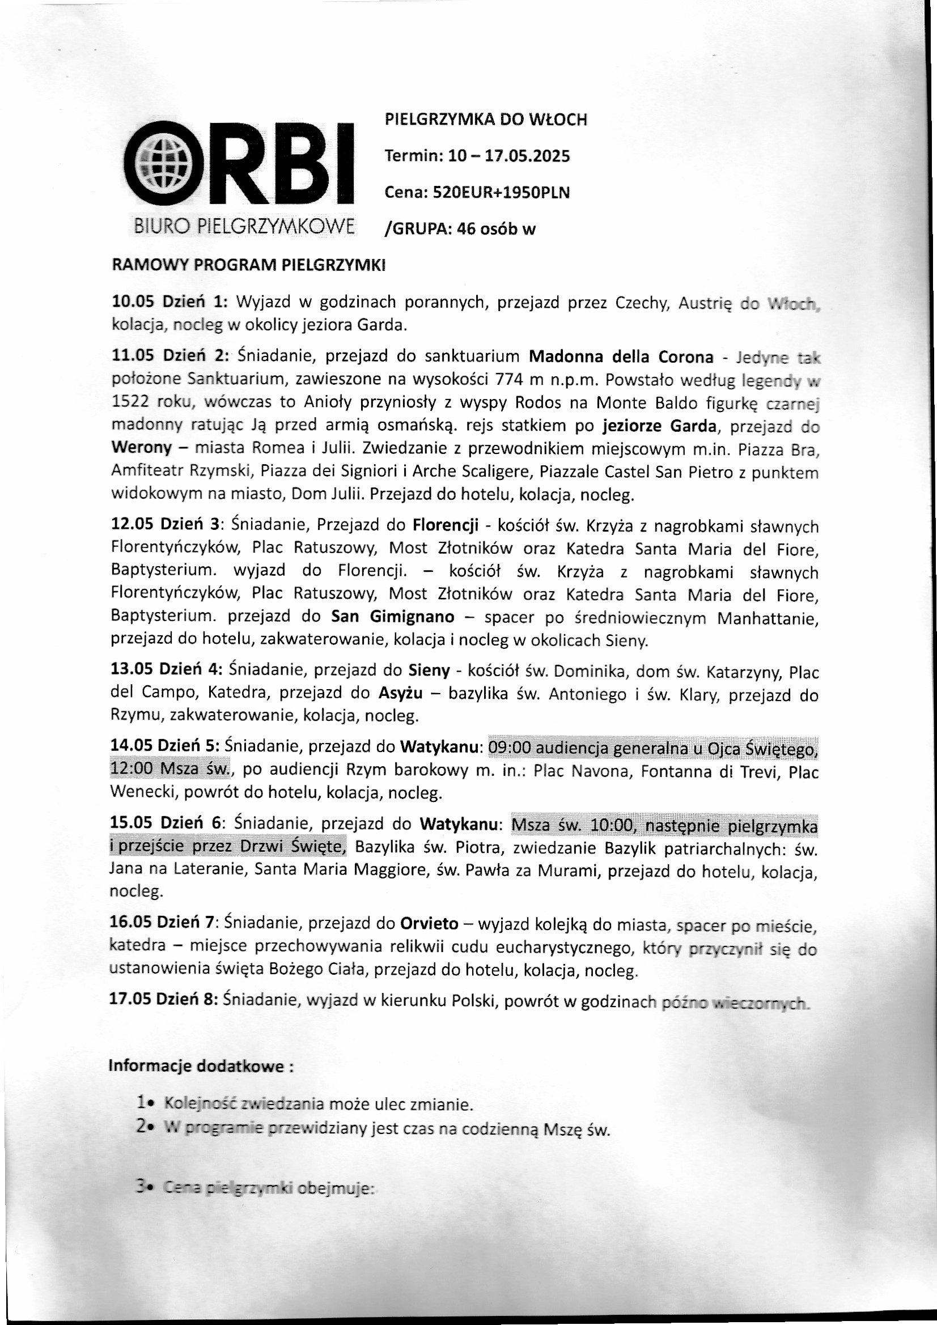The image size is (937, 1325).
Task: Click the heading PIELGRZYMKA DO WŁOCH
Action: tap(486, 120)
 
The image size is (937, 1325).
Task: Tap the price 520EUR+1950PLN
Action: tap(501, 193)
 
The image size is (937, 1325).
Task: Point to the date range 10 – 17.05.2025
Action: tap(508, 156)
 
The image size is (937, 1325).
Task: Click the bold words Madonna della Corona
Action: tap(621, 356)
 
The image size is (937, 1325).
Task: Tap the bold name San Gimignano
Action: tap(393, 617)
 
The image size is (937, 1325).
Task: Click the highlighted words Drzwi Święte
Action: tap(307, 847)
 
